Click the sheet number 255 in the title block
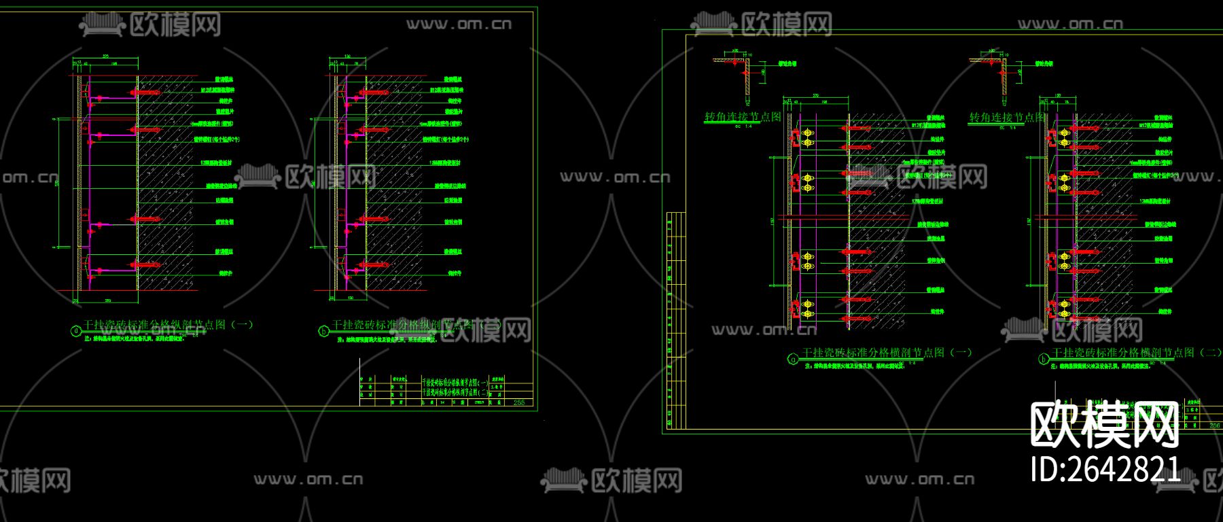point(518,402)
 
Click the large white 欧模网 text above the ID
point(1105,424)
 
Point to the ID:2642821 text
point(1105,469)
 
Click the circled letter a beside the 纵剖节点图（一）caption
point(76,331)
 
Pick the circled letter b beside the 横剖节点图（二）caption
point(1044,360)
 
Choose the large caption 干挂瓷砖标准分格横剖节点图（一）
point(887,353)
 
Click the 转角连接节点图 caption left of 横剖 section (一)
point(743,117)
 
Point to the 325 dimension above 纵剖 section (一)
point(106,56)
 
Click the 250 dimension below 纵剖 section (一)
point(107,299)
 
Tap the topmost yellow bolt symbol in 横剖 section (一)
point(808,132)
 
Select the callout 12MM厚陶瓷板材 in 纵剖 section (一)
point(216,163)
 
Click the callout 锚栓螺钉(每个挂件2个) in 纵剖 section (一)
point(217,139)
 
